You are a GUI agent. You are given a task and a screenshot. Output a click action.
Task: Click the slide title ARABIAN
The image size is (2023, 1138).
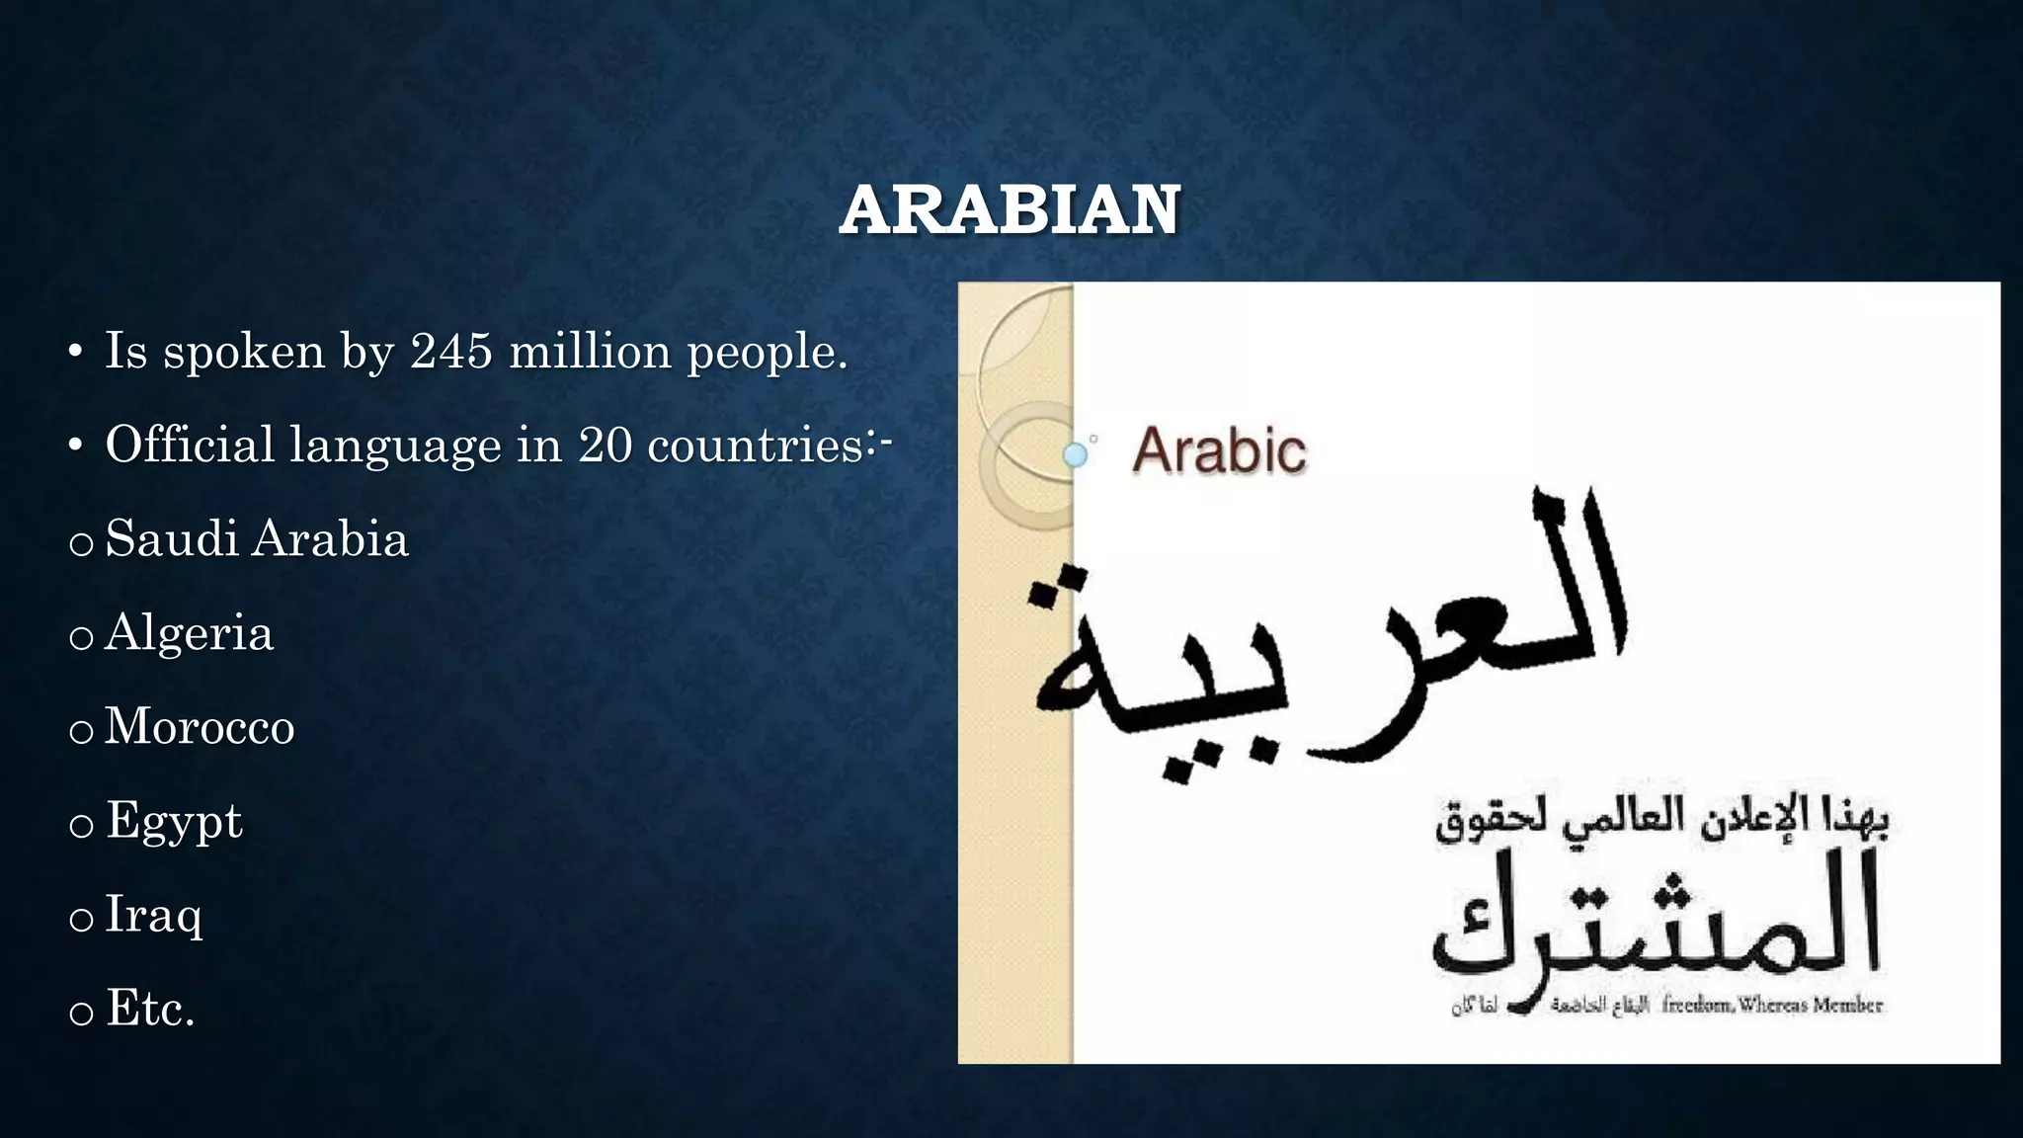[1010, 210]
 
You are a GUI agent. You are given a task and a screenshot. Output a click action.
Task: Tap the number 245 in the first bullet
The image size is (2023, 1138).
[451, 351]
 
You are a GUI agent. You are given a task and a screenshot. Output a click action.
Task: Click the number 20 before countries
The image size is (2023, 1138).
[605, 445]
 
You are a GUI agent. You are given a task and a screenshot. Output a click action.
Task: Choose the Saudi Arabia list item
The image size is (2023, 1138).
[256, 539]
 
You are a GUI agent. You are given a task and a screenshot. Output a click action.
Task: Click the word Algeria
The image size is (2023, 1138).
[189, 633]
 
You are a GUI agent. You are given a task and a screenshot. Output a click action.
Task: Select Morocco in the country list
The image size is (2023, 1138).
[200, 727]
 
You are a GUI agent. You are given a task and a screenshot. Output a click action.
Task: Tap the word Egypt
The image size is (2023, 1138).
[174, 822]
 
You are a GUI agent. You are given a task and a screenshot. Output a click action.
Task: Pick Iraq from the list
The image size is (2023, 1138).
[153, 915]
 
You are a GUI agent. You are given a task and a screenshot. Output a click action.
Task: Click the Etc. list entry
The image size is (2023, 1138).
[150, 1009]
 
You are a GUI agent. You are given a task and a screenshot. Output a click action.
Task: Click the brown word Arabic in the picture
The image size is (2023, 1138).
[1219, 450]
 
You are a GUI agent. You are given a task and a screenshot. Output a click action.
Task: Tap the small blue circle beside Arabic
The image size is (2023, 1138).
[1075, 455]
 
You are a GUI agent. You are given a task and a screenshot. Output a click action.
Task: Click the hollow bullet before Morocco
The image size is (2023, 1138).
[81, 732]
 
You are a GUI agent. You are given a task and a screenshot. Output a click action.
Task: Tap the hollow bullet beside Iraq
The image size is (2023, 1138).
[81, 920]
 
